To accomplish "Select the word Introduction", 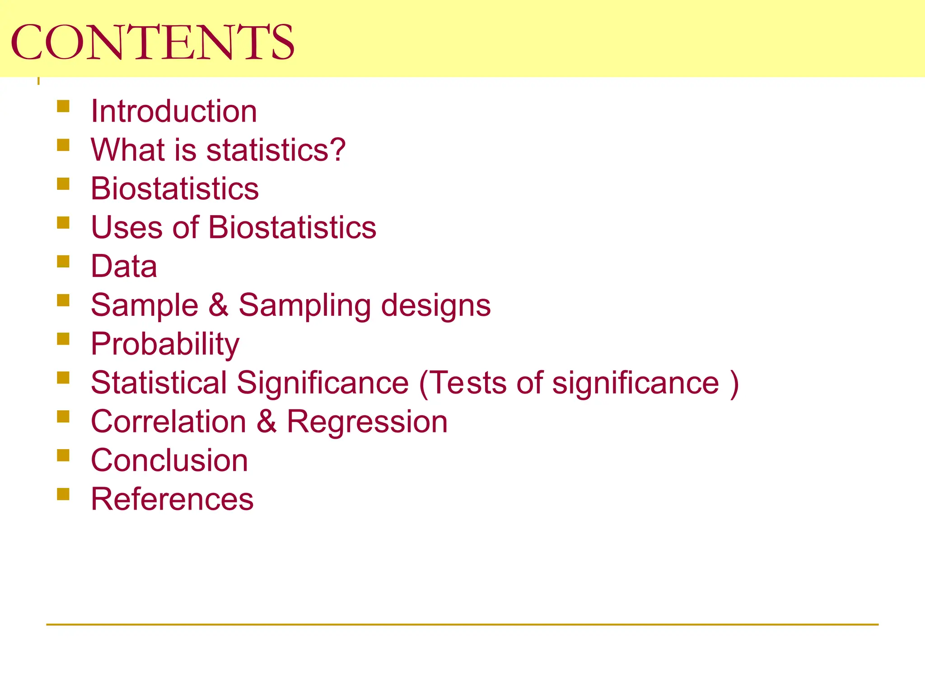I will pos(174,111).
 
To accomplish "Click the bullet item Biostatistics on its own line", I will pos(175,188).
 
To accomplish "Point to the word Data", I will pos(124,266).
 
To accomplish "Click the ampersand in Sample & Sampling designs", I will pos(219,305).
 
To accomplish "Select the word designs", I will pos(436,306).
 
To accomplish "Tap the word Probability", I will pos(165,344).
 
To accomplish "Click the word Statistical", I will pos(159,383).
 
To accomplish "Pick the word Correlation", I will pos(168,422).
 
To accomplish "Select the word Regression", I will pos(367,422).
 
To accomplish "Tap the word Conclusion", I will pos(169,460).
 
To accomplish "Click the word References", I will pos(172,499).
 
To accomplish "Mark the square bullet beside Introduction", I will pos(63,106).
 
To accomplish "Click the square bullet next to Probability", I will pos(63,339).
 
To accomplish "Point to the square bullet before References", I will pos(63,494).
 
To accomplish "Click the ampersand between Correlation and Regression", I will pos(266,422).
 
